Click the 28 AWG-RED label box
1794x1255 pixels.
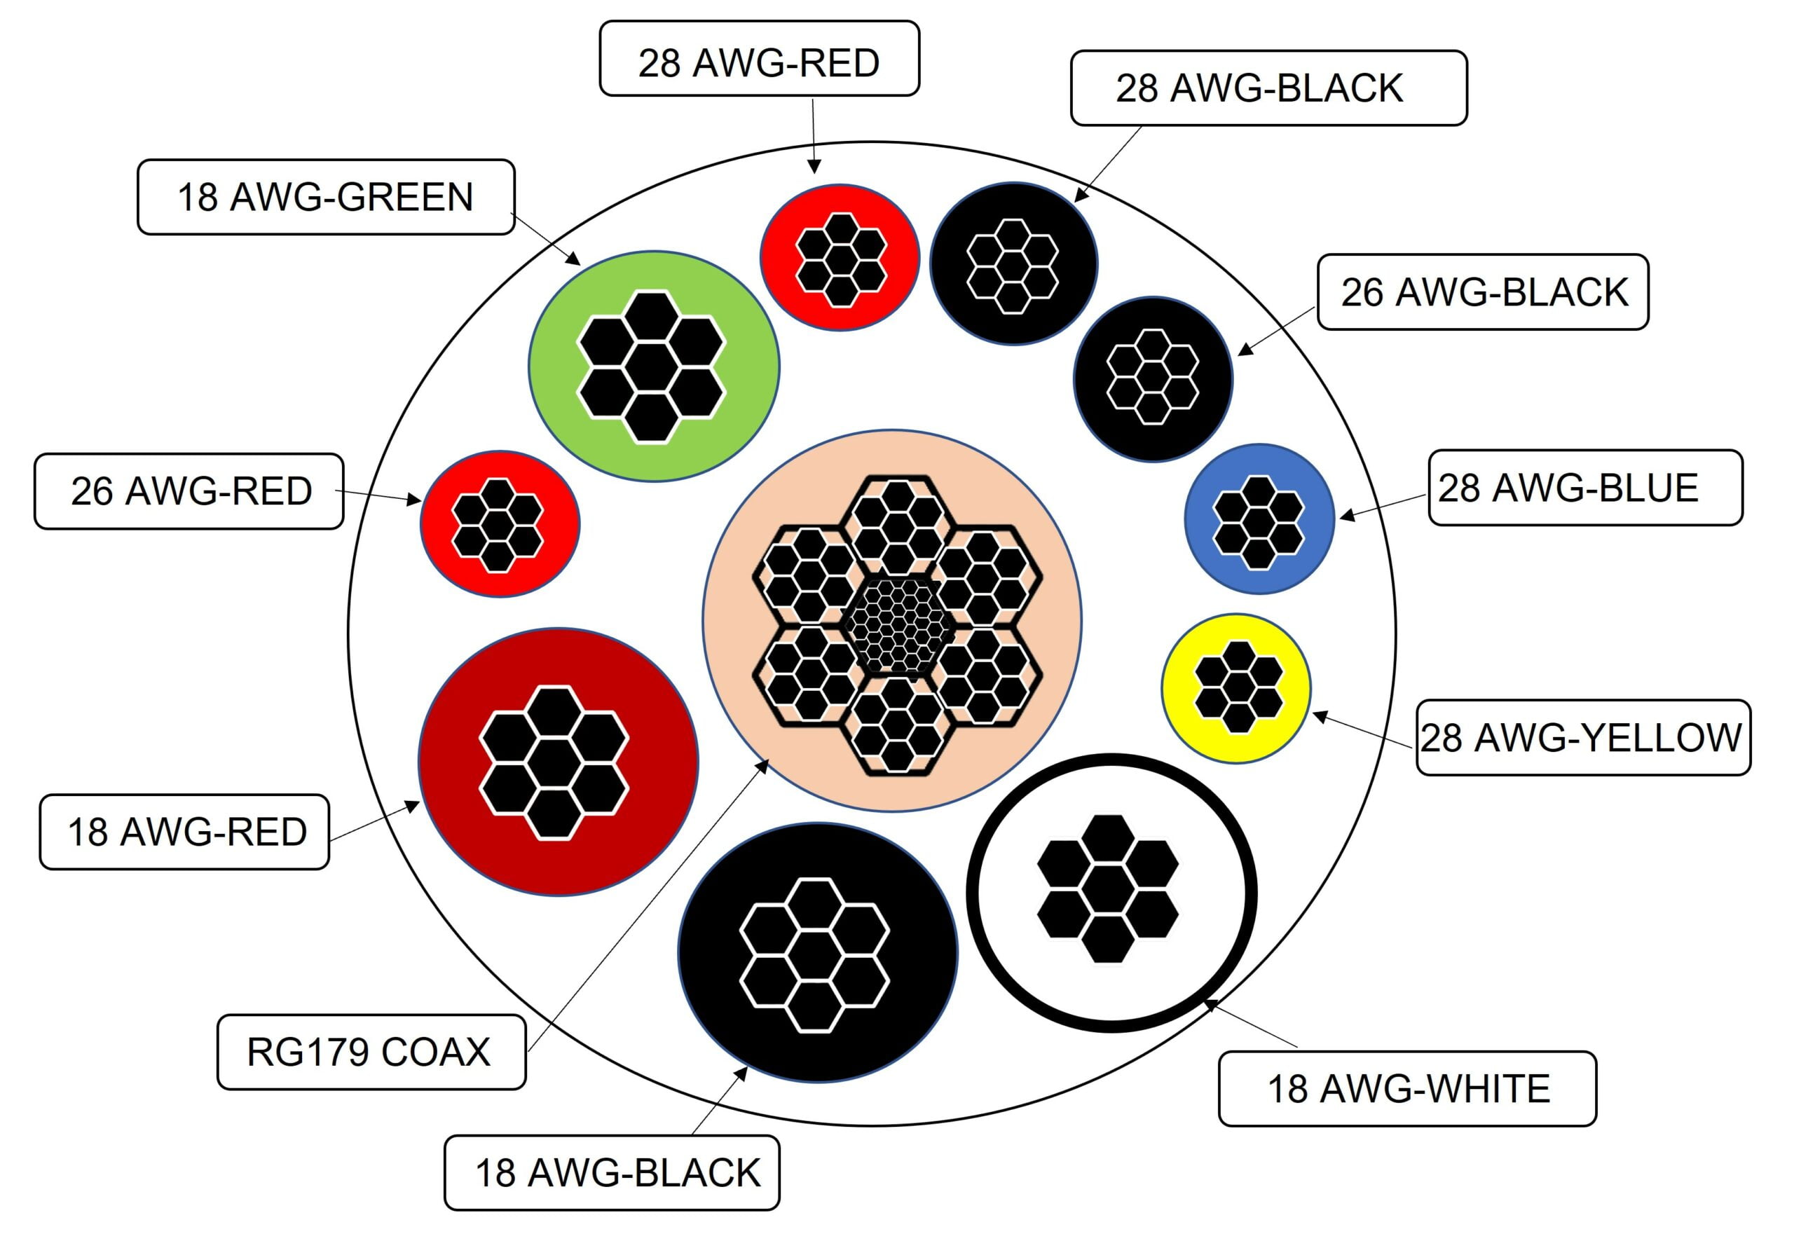coord(759,59)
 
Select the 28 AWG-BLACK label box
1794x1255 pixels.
coord(1268,88)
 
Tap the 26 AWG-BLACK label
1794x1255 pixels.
coord(1482,292)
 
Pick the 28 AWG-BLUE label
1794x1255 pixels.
coord(1585,488)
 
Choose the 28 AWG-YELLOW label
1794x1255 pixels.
coord(1583,737)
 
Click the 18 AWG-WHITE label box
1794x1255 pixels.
coord(1407,1088)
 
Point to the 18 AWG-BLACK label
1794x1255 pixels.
coord(612,1172)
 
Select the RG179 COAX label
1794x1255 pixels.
coord(371,1052)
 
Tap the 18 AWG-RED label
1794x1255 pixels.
coord(184,832)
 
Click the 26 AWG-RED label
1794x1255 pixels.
coord(189,491)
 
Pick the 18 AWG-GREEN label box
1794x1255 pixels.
coord(326,197)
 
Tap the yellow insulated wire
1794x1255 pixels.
coord(1235,687)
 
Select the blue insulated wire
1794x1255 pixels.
coord(1259,519)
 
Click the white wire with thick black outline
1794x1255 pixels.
coord(1111,893)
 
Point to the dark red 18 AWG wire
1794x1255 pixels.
coord(558,762)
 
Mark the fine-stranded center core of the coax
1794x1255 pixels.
coord(898,623)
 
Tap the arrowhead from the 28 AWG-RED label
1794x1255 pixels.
coord(814,167)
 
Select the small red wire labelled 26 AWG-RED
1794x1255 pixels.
coord(500,523)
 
